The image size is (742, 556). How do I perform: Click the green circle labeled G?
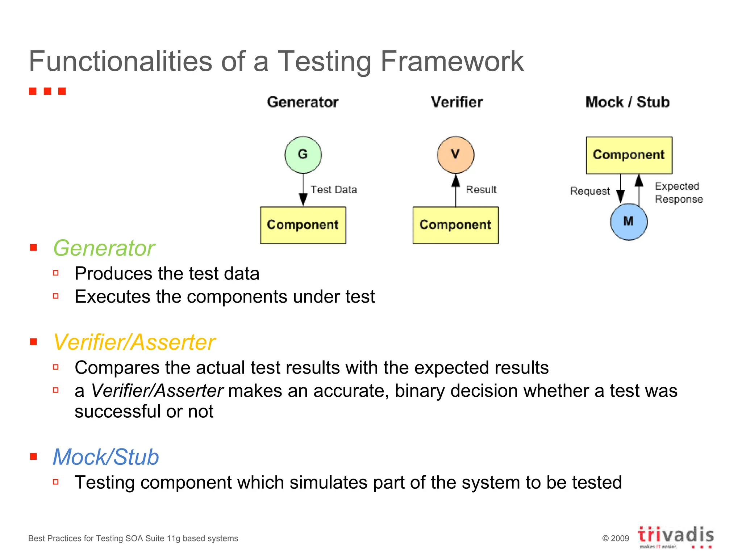coord(303,155)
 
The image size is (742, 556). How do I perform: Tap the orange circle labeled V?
coord(455,155)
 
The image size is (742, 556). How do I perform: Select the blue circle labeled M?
coord(629,222)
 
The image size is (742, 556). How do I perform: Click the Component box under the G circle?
coord(303,225)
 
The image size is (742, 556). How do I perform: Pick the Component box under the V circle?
coord(455,225)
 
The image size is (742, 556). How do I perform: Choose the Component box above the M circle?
coord(629,155)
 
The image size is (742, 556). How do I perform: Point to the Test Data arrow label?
coord(334,190)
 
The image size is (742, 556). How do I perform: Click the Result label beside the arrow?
coord(481,190)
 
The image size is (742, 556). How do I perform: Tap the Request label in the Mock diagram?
coord(590,191)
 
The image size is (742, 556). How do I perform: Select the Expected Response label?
coord(678,193)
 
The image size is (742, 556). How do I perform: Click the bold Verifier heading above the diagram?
coord(457,102)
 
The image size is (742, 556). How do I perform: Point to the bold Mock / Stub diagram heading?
coord(628,102)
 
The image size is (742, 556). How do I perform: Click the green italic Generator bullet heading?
coord(104,248)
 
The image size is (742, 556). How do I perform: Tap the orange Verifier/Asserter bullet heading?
coord(134,342)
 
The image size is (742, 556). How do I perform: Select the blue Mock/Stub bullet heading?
coord(106,457)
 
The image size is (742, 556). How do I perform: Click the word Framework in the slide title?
coord(452,62)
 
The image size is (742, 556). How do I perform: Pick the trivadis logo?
coord(675,536)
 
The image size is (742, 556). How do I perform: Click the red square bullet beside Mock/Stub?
coord(34,456)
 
